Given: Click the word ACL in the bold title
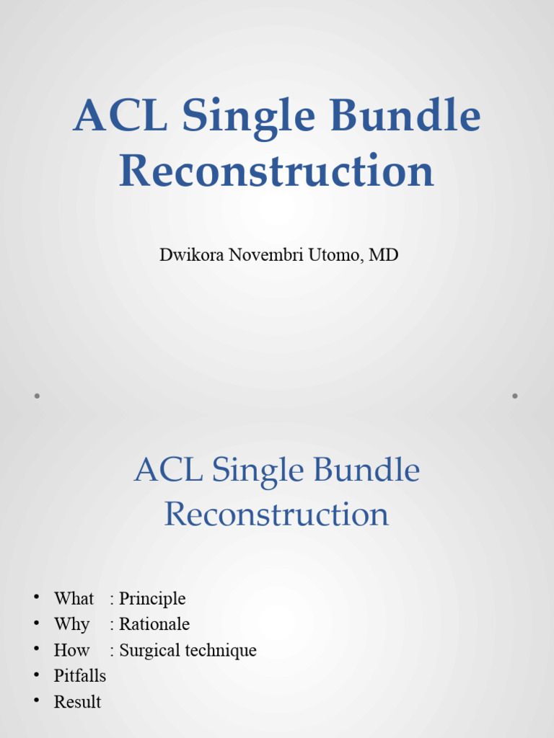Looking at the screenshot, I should tap(118, 117).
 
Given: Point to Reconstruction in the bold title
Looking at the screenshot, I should tap(277, 172).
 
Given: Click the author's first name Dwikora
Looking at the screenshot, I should tap(190, 254).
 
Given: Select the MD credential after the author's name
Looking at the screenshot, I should tap(383, 254).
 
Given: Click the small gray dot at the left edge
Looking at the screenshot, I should tap(36, 396).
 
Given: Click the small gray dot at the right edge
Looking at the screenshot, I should tap(515, 396).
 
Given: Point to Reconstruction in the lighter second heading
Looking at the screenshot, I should tap(277, 515).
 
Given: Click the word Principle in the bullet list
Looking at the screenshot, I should tap(152, 599).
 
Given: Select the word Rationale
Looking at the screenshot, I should tap(154, 624).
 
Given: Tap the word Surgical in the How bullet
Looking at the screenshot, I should tap(149, 650).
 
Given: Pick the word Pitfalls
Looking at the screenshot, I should tap(80, 676).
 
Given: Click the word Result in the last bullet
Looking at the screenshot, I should tap(78, 702).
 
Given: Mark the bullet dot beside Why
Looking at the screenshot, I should tap(35, 623).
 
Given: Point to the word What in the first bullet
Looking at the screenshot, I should tap(74, 599).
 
